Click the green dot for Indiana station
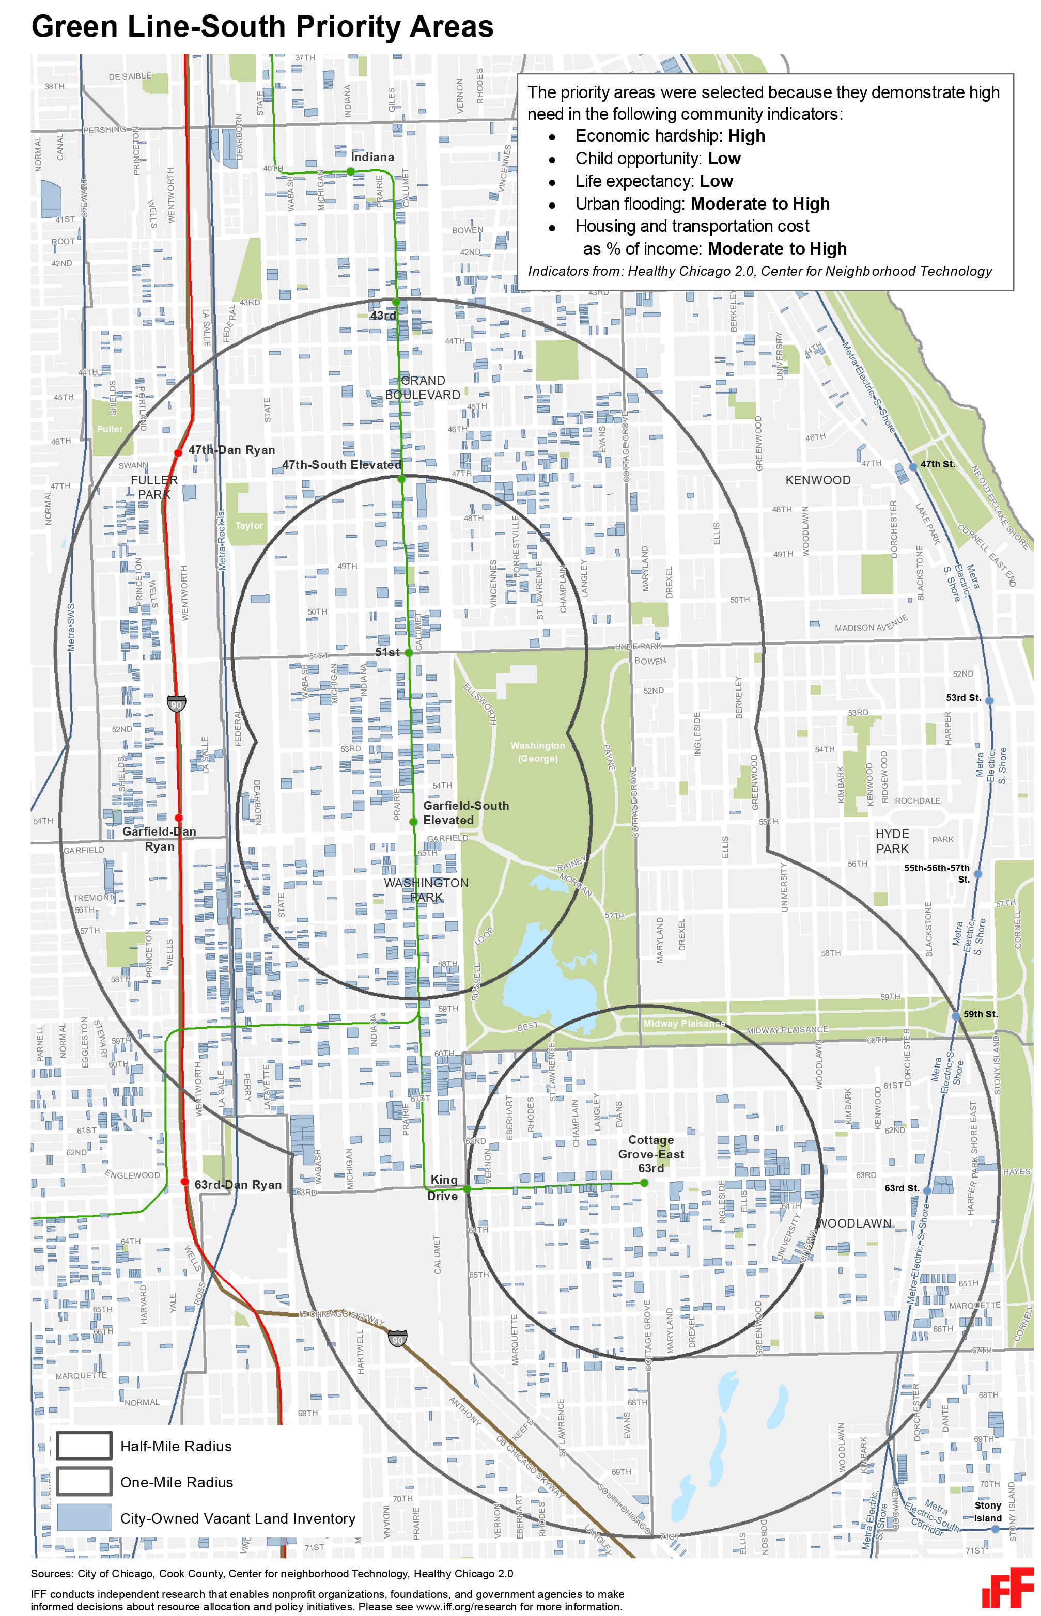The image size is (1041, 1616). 350,171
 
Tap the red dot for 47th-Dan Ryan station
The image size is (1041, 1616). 178,452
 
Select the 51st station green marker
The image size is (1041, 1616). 408,653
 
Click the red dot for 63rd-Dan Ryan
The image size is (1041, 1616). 184,1182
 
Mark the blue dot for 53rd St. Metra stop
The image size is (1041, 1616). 989,701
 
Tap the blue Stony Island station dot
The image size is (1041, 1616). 995,1529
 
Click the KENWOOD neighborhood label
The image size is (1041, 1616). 818,480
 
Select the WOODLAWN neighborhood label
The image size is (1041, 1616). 854,1223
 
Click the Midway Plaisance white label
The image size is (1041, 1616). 683,1024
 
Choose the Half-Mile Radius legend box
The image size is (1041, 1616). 84,1446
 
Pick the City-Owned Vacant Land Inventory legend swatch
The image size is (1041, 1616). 84,1517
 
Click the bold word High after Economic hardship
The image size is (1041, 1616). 747,136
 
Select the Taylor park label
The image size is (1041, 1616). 249,526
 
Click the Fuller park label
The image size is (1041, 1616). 110,429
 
